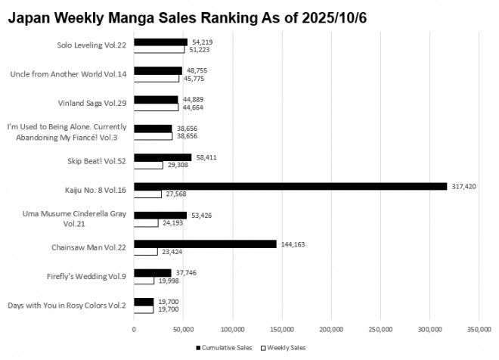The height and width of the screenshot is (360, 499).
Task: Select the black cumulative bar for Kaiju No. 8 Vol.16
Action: point(290,186)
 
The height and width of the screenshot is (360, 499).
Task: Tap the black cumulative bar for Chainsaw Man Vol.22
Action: point(205,244)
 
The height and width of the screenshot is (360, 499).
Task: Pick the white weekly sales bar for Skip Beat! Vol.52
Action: point(148,165)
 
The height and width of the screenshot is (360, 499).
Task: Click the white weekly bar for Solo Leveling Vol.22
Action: point(159,50)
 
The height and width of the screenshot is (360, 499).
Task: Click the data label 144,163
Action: point(291,244)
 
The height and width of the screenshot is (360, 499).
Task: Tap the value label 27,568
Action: point(175,194)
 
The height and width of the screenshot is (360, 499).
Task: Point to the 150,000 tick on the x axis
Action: point(282,329)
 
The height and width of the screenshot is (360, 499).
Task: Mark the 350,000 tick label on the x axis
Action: point(479,329)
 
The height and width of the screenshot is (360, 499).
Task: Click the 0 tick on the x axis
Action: point(134,329)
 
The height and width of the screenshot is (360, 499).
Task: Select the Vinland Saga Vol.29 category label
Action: point(93,102)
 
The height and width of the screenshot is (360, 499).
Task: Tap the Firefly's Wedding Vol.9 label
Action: point(91,275)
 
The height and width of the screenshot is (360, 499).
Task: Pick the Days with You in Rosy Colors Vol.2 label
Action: point(67,305)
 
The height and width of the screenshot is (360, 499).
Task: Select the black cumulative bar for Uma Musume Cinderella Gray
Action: point(160,215)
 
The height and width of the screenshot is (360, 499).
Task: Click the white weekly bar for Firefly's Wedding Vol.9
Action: point(144,281)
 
